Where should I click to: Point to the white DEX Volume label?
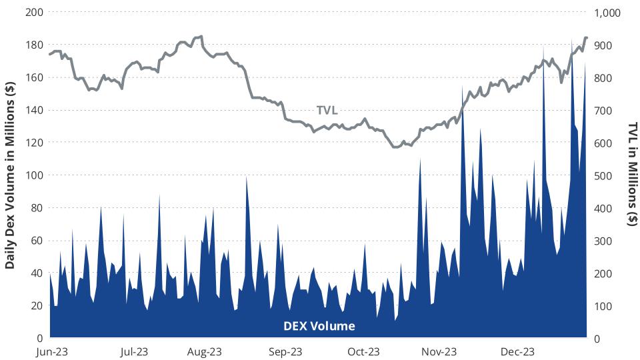(319, 326)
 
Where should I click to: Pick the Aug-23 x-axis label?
(205, 351)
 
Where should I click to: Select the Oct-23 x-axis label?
(364, 351)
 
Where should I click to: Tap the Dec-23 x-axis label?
(517, 351)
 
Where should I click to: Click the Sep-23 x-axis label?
(287, 351)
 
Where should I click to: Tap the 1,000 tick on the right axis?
(607, 13)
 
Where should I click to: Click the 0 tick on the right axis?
(598, 338)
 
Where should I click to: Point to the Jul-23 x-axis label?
(133, 351)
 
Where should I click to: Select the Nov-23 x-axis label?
(441, 351)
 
